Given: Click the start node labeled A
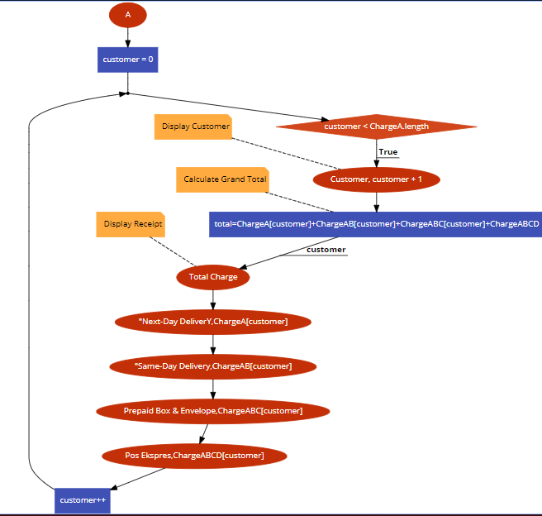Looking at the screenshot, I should point(127,15).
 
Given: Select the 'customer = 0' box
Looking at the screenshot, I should point(127,60).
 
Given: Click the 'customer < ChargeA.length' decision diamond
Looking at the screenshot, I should point(376,127).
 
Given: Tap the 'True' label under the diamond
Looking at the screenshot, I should point(387,152).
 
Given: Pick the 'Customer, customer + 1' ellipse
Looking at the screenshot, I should point(376,179).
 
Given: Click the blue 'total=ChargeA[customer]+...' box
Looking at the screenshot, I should point(376,224).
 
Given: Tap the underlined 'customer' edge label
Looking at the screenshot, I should point(326,250).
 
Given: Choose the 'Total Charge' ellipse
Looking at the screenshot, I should point(212,277).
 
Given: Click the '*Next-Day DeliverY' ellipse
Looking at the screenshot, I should point(213,321).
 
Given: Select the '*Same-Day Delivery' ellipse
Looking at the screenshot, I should point(213,365).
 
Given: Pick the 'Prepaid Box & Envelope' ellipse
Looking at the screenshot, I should point(213,410).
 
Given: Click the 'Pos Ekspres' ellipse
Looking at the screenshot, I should point(194,455).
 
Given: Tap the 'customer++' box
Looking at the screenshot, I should point(83,499).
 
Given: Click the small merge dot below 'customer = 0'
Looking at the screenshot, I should point(127,93).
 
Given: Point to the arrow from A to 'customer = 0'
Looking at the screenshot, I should point(127,37).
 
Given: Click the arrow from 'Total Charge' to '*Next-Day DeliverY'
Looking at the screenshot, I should point(213,299).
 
